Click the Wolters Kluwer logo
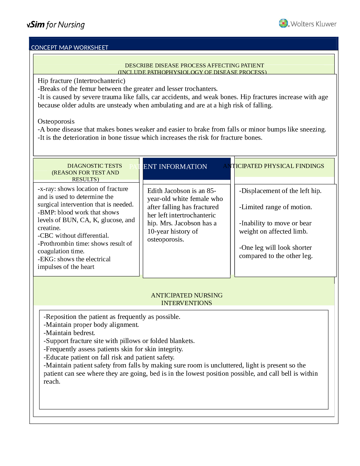(x=308, y=24)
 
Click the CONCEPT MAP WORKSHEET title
(x=70, y=48)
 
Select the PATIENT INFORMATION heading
(x=168, y=167)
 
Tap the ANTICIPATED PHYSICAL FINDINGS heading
(x=274, y=166)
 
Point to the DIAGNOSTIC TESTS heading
(x=94, y=166)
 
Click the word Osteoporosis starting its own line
(x=56, y=121)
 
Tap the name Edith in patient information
(x=155, y=191)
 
